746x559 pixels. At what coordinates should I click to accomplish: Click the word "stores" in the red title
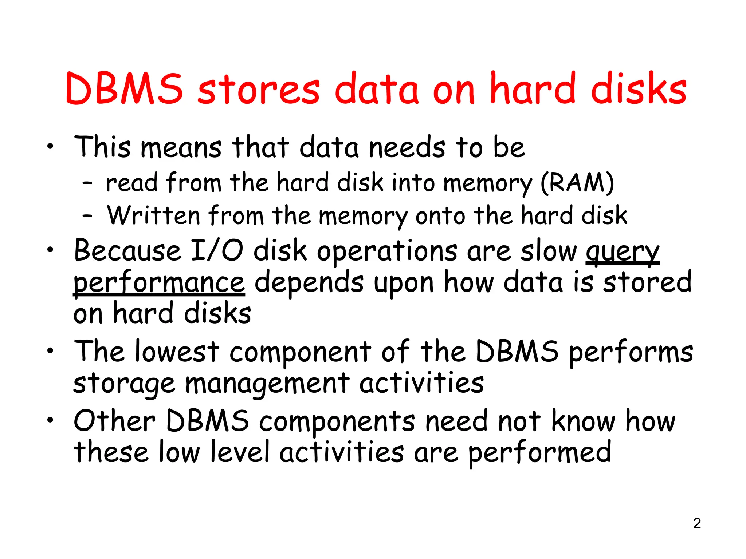point(259,90)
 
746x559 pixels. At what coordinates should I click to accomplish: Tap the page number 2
point(697,523)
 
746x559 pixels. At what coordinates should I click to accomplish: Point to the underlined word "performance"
point(159,283)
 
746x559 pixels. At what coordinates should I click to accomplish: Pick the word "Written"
point(153,215)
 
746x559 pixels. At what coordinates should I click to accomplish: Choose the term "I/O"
point(217,251)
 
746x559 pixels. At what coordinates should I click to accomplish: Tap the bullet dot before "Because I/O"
point(50,250)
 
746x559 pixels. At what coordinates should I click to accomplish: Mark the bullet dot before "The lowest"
point(50,351)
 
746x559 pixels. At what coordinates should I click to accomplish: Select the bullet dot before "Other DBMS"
point(50,420)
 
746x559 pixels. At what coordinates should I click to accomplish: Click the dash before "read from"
point(87,183)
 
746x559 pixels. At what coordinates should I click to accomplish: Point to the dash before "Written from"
point(87,216)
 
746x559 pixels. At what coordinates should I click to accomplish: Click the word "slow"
point(548,251)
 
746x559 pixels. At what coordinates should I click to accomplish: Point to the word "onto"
point(440,216)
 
